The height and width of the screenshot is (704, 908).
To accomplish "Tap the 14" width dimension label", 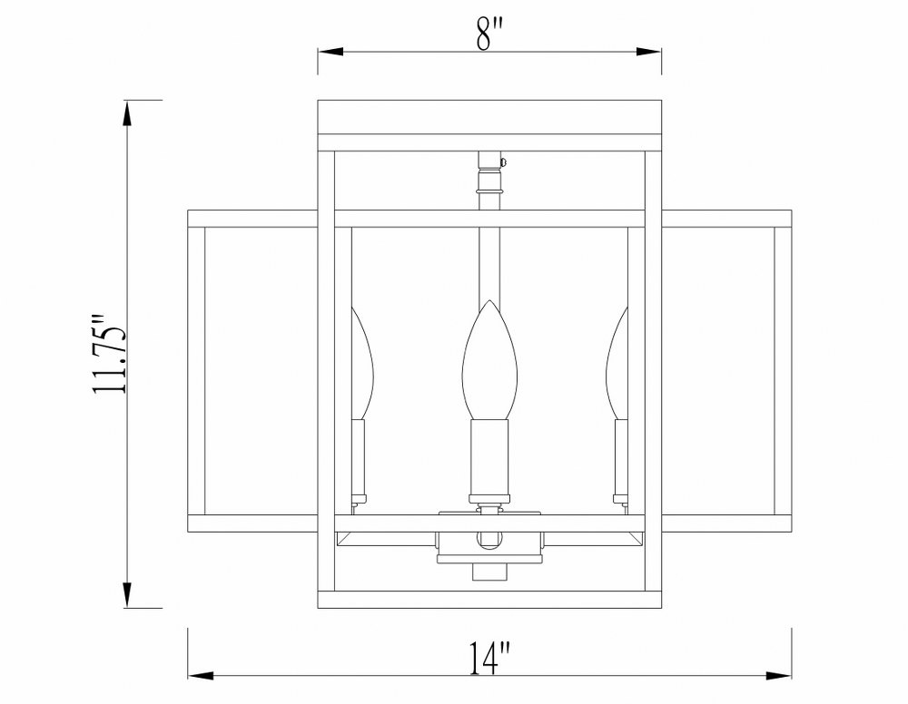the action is pos(490,658).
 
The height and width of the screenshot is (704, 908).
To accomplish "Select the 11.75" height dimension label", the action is pos(109,354).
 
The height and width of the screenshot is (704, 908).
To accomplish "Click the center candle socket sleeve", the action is pos(489,457).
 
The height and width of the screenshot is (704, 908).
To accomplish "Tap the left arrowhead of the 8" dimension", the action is pos(331,52).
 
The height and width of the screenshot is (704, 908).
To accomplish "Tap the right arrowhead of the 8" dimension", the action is pos(648,52).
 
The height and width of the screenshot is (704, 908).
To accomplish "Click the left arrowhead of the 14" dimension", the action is pos(201,675).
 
